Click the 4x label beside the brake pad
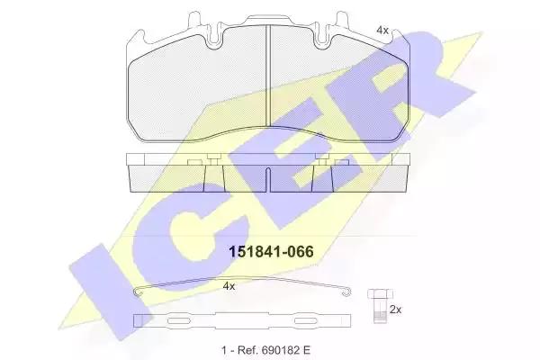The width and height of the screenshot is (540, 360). (x=382, y=31)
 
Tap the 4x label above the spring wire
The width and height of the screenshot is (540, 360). (x=229, y=286)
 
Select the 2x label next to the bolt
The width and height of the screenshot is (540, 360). (x=395, y=310)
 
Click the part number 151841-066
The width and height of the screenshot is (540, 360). (x=272, y=252)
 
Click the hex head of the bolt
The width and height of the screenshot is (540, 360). (x=380, y=294)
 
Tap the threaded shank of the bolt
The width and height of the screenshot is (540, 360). (x=379, y=310)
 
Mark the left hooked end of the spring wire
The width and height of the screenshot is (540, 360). (x=138, y=292)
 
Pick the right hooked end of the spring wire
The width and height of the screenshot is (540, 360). (x=346, y=292)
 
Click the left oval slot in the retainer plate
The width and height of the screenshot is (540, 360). (x=179, y=320)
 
